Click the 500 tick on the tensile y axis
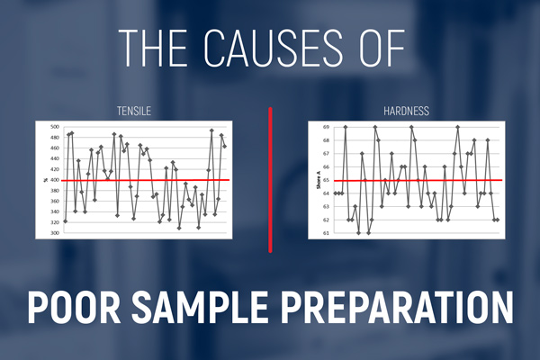pos(53,128)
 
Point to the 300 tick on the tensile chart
pos(53,233)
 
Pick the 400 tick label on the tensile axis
pos(53,181)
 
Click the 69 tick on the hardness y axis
pos(325,127)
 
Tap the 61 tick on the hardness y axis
pos(325,233)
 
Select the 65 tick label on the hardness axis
pos(325,180)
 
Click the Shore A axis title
pos(314,180)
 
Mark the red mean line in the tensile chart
pos(144,181)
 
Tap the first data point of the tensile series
pos(66,220)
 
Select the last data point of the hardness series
pos(497,220)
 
